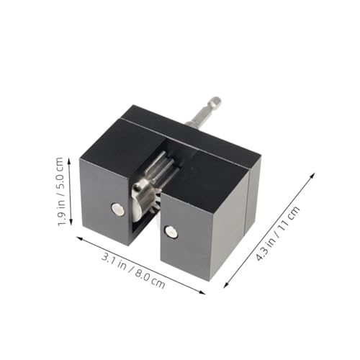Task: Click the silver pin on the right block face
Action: pos(171,231)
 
